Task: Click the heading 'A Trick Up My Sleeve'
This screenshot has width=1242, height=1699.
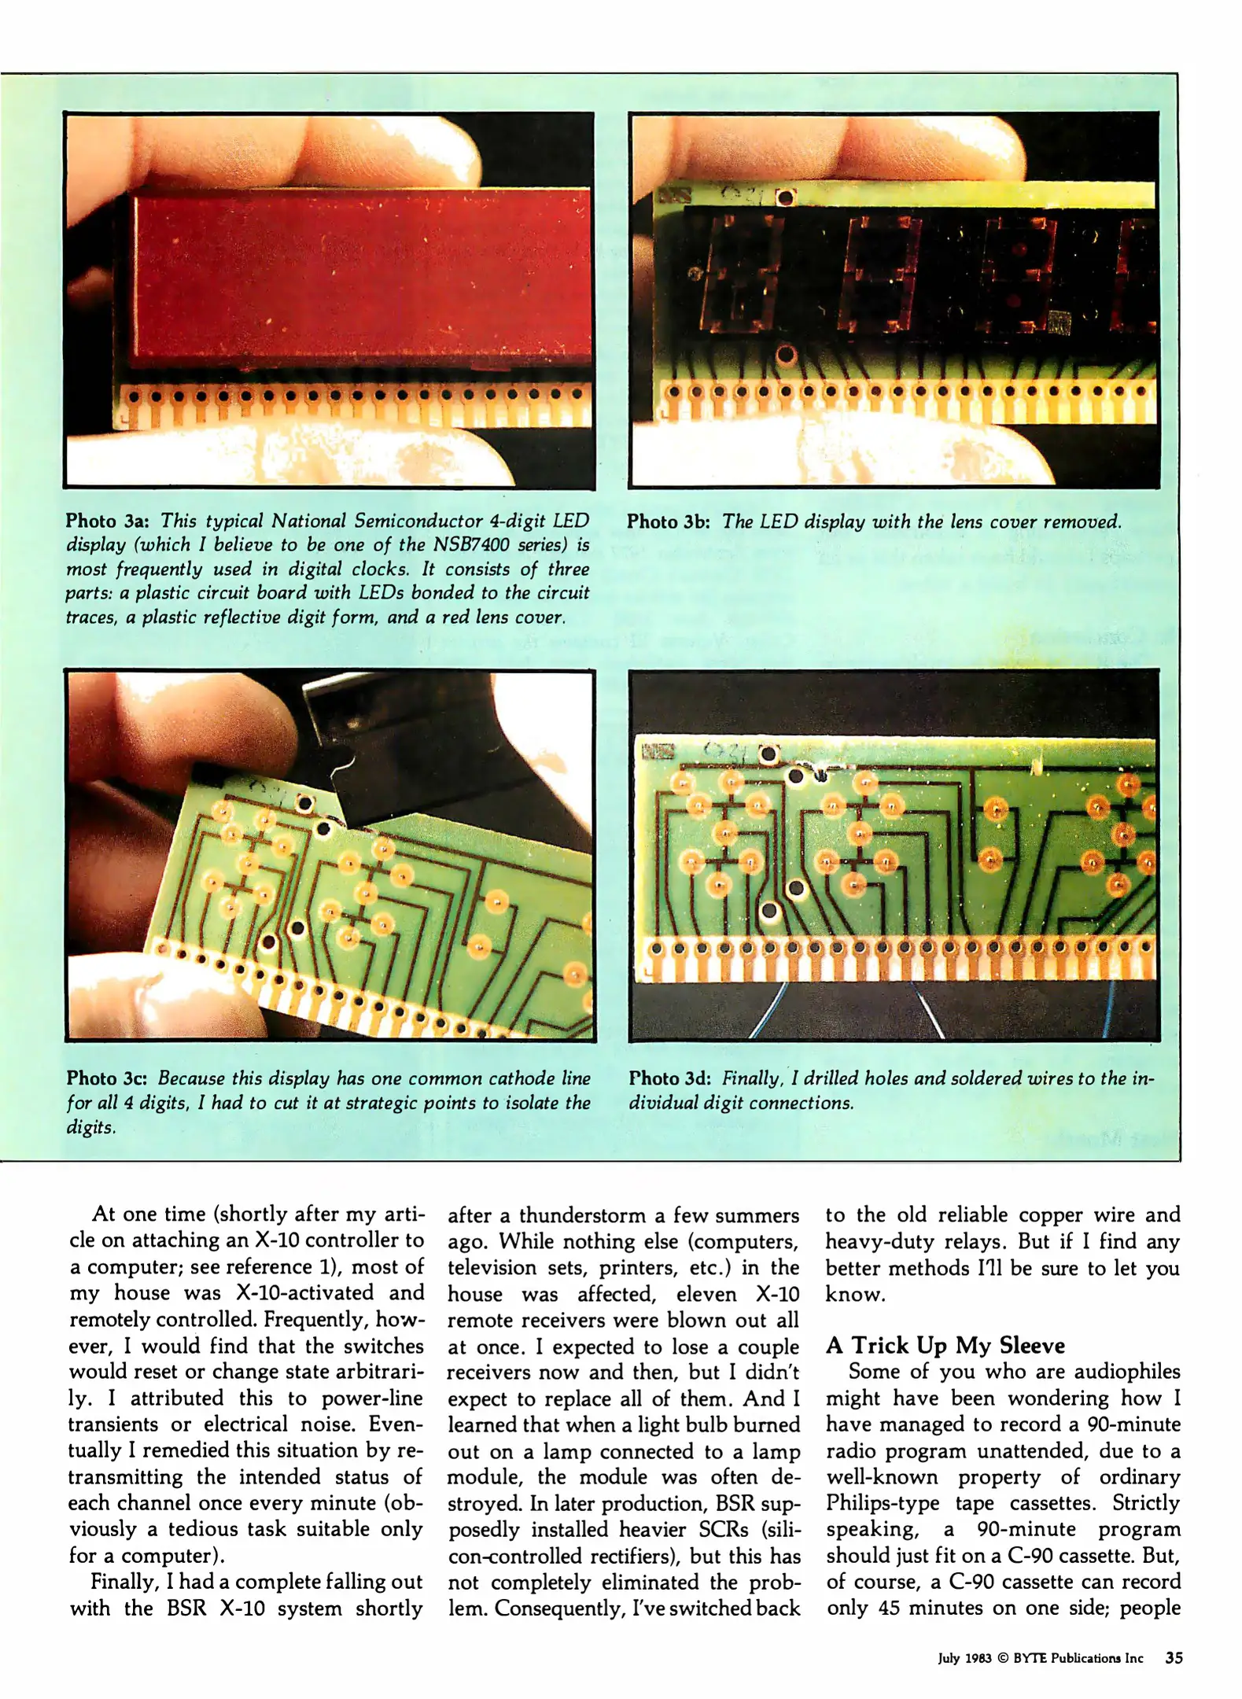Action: click(945, 1345)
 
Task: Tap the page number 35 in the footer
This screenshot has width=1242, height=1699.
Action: click(1174, 1658)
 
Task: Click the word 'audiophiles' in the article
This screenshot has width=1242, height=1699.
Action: click(1126, 1372)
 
